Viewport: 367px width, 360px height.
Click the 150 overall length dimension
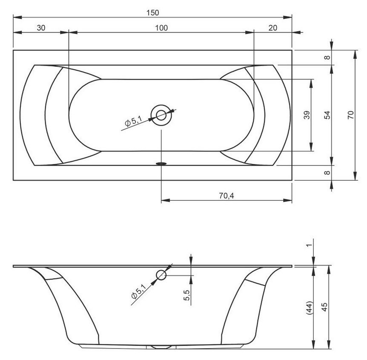coord(152,13)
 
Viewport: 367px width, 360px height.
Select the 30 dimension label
coord(41,28)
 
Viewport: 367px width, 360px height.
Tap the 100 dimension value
coord(161,28)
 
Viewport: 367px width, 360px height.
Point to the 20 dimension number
coord(272,28)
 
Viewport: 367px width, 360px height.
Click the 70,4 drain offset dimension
coord(227,196)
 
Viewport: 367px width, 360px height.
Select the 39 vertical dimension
coord(307,115)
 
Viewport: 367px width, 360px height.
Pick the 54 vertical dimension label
coord(328,115)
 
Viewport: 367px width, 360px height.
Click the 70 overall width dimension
coord(351,115)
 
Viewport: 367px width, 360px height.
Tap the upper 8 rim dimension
coord(327,58)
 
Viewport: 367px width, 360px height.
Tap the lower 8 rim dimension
coord(327,173)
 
